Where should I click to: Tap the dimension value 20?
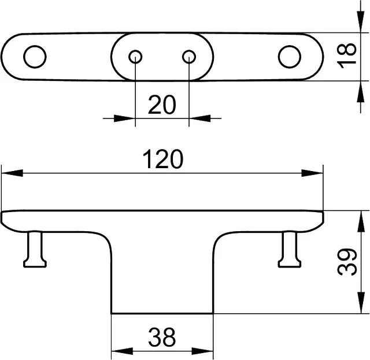[162, 105]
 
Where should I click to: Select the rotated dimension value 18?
[347, 56]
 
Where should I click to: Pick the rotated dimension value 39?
[347, 262]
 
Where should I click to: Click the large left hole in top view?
[35, 57]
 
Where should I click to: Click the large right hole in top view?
[289, 57]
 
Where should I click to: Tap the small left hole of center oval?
[135, 57]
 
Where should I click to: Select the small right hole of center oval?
[189, 57]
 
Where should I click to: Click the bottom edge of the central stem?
[162, 314]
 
